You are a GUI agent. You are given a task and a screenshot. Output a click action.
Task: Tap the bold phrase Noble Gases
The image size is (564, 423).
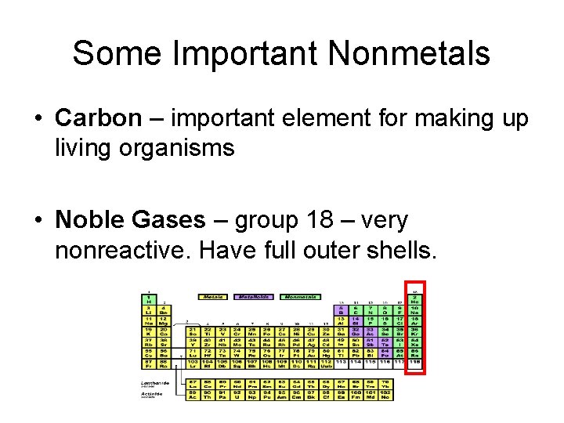(129, 220)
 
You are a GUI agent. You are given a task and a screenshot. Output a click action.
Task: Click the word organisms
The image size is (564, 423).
(186, 147)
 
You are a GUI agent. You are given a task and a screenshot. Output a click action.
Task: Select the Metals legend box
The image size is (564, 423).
(212, 297)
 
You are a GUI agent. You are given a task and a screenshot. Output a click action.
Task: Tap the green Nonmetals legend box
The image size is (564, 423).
(301, 297)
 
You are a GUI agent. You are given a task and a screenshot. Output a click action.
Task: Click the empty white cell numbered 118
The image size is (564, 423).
(415, 362)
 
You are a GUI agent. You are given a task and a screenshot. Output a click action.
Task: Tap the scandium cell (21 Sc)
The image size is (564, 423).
(193, 332)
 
